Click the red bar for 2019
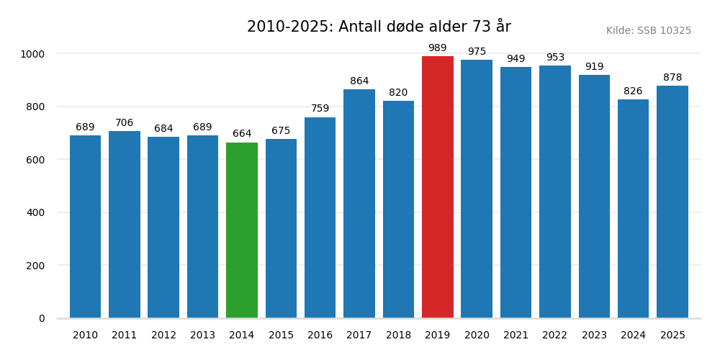tap(438, 187)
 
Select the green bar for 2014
tap(242, 230)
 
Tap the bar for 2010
tap(85, 227)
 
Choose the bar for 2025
tap(672, 202)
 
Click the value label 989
tap(438, 48)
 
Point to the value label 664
tap(242, 134)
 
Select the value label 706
tap(125, 123)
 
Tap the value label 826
tap(633, 91)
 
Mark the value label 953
tap(555, 58)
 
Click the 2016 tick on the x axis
tap(320, 336)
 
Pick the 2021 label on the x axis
tap(516, 336)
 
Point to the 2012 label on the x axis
tap(163, 336)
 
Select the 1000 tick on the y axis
tap(32, 54)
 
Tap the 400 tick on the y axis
tap(37, 212)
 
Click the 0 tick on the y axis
tap(42, 318)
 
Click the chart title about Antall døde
tap(379, 27)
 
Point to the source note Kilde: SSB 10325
tap(649, 31)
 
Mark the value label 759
tap(320, 109)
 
